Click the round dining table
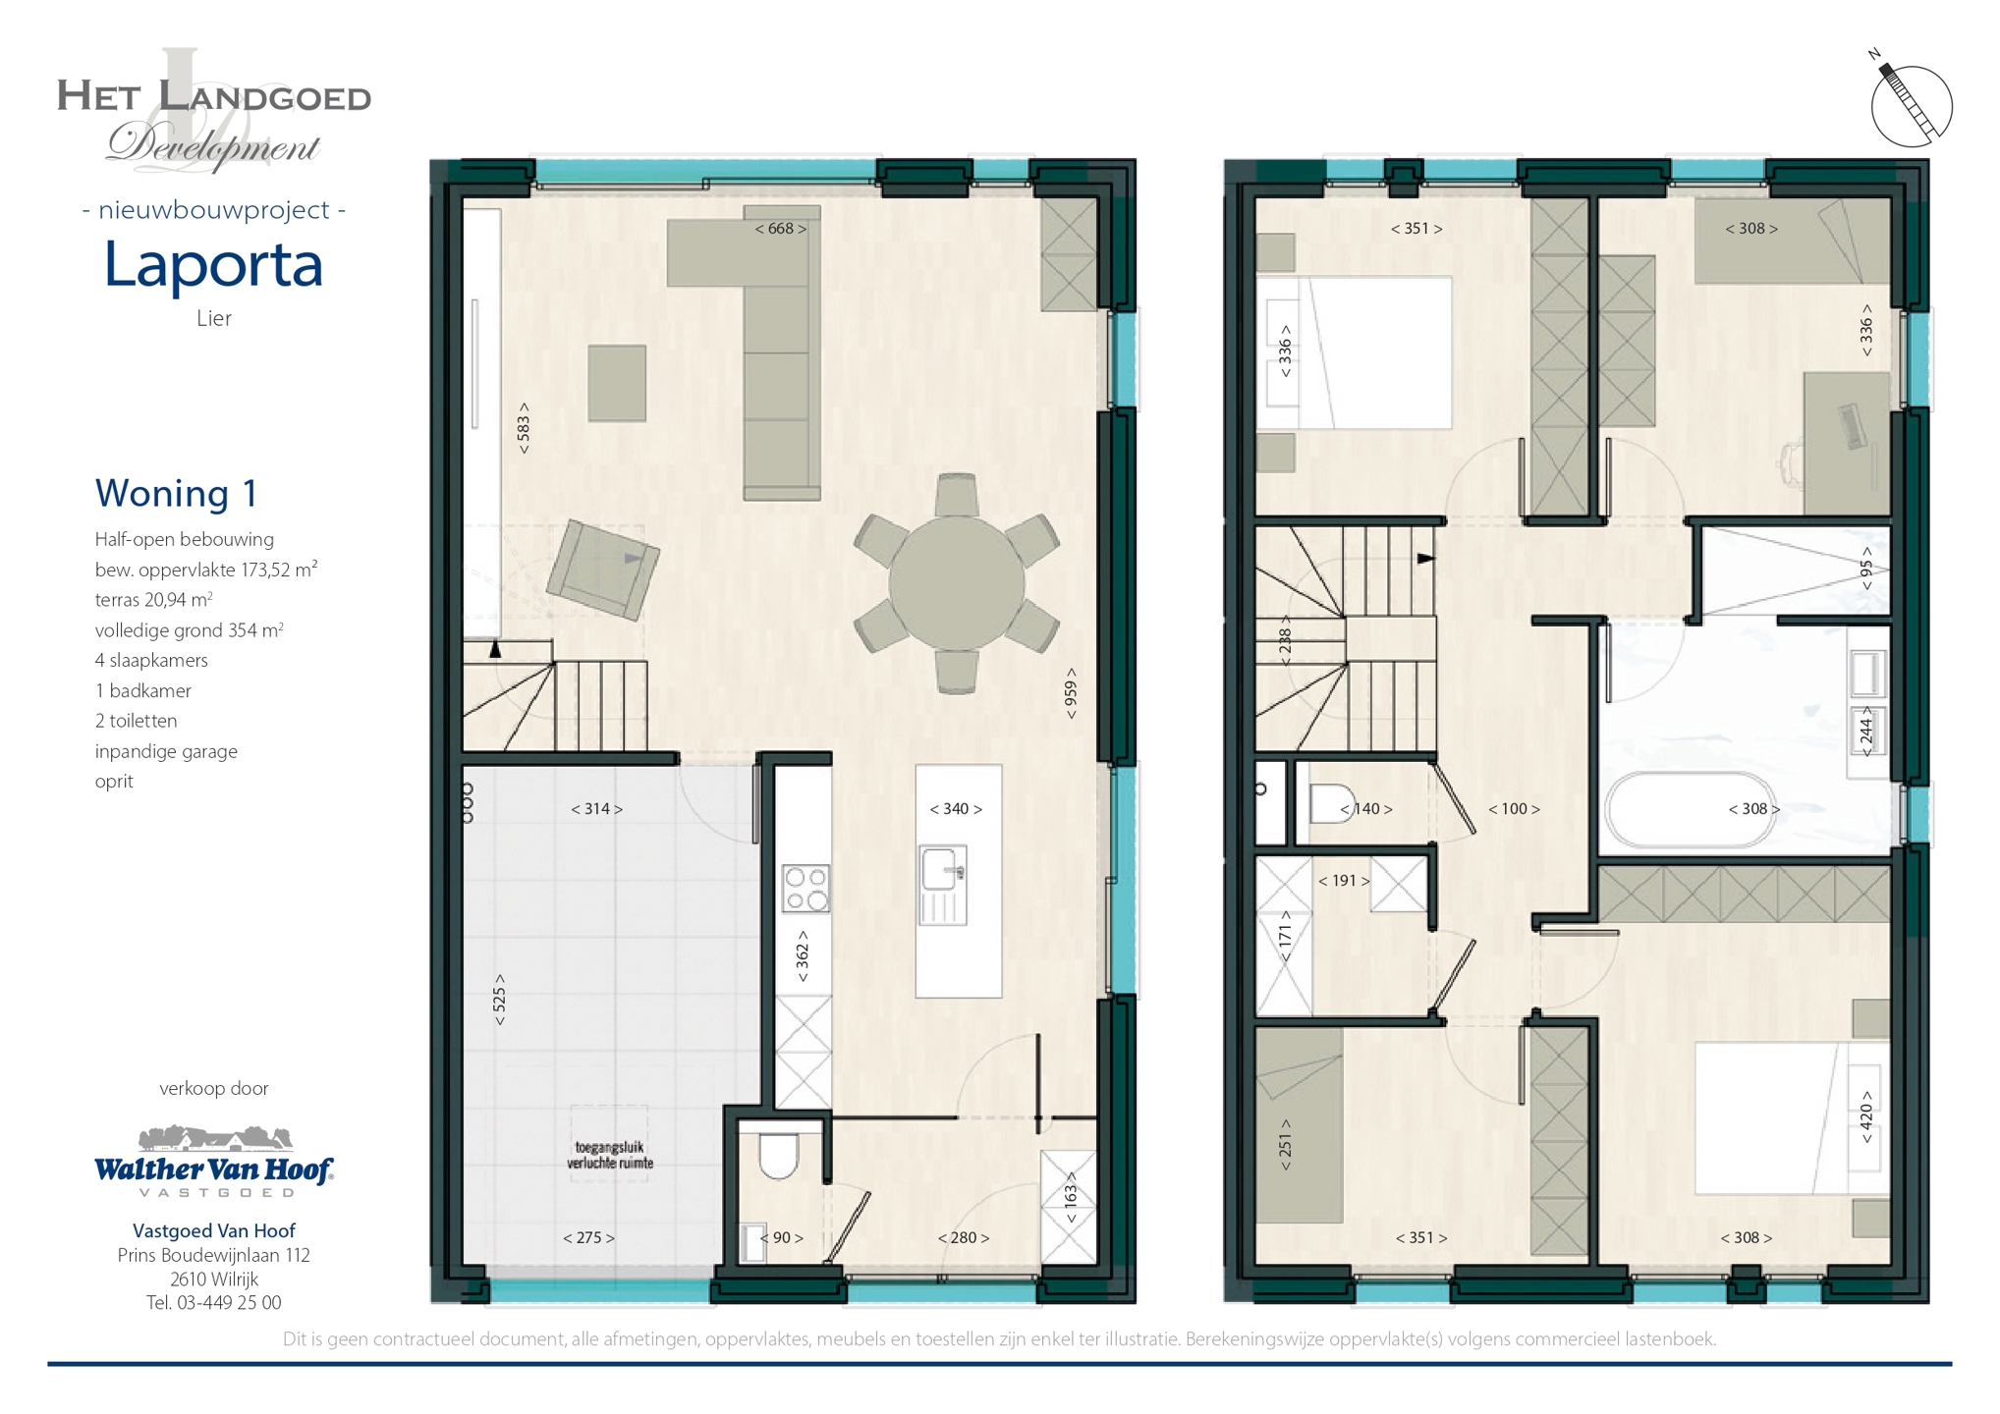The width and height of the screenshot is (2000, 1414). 956,584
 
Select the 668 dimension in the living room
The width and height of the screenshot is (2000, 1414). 780,229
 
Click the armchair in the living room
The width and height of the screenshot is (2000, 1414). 602,570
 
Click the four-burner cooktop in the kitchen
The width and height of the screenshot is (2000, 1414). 806,888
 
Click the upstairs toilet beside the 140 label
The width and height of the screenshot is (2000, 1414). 1332,803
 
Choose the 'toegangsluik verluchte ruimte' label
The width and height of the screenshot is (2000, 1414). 609,1155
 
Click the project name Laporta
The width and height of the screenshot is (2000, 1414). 213,264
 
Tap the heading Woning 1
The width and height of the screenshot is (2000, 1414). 176,493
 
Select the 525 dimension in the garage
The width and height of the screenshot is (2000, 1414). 499,1000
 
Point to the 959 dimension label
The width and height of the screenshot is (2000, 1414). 1071,693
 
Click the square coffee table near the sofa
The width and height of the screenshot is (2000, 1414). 617,383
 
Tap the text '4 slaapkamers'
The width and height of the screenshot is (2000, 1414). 151,660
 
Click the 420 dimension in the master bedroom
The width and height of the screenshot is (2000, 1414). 1866,1117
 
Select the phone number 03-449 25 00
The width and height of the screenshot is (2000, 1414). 228,1303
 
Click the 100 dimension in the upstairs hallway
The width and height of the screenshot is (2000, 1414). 1513,809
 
